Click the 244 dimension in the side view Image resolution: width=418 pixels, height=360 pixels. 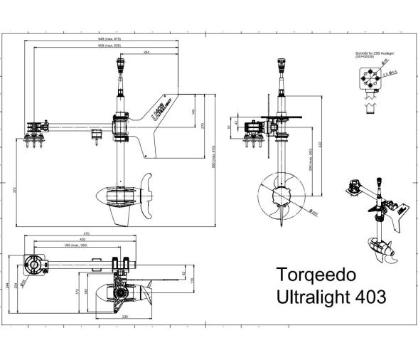point(146,52)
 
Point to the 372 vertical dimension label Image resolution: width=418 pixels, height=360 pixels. point(14,190)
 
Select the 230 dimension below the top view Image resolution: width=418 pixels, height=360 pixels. point(125,316)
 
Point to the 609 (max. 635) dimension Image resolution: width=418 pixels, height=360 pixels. point(109,45)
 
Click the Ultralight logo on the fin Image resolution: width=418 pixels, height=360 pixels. point(160,110)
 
